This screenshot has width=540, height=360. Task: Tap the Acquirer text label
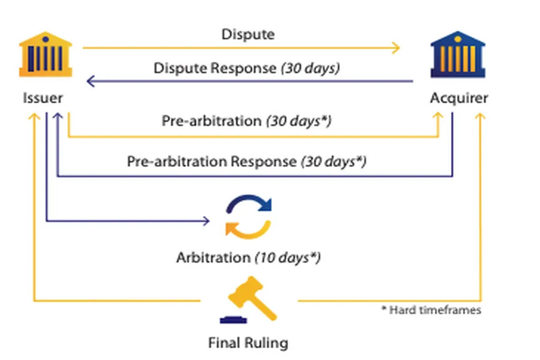(x=459, y=98)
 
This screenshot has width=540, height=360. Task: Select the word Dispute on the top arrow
(x=248, y=34)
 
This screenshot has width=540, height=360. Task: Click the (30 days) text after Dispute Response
(x=310, y=68)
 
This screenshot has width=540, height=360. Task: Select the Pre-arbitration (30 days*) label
(x=247, y=121)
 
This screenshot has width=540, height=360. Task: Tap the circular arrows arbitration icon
(x=248, y=217)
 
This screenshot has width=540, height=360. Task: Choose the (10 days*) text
(x=288, y=257)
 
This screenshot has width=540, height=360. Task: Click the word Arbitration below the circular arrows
(x=213, y=257)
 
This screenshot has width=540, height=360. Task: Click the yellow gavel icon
(x=253, y=296)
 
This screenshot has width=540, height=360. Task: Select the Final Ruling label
(x=248, y=343)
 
